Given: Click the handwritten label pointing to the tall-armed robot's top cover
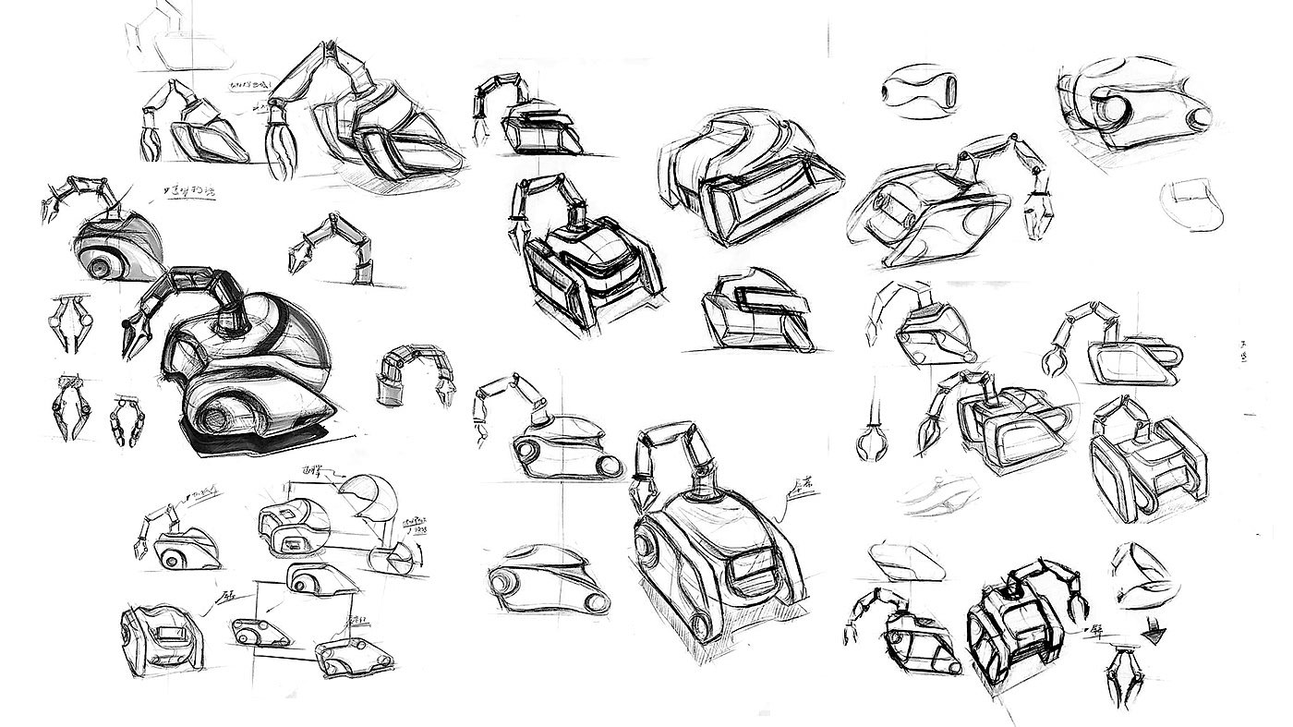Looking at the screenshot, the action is click(799, 484).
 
